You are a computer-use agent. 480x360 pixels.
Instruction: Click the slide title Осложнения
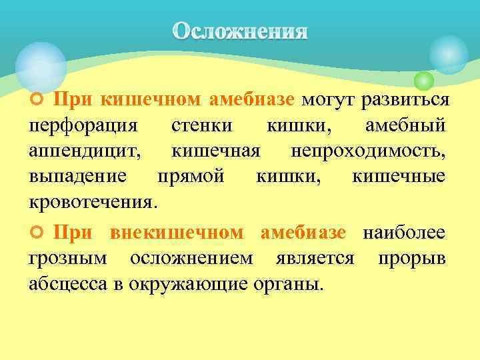click(x=240, y=31)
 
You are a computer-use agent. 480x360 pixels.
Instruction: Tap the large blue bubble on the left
click(x=41, y=66)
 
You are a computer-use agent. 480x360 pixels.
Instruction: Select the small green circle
click(x=423, y=81)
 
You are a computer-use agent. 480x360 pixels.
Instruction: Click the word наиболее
click(x=405, y=233)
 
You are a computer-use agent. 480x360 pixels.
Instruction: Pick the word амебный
click(x=407, y=126)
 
